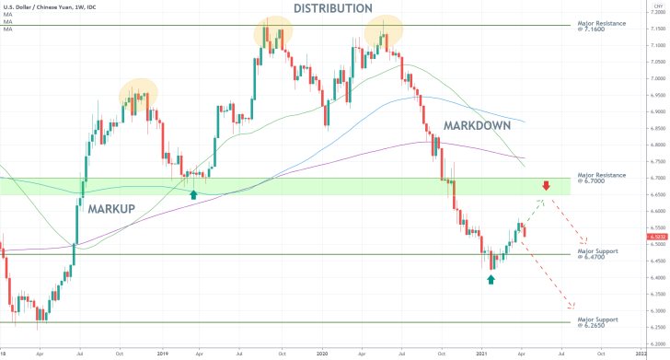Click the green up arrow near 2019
click(x=192, y=194)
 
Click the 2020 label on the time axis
click(x=322, y=353)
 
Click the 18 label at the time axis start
click(x=4, y=353)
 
